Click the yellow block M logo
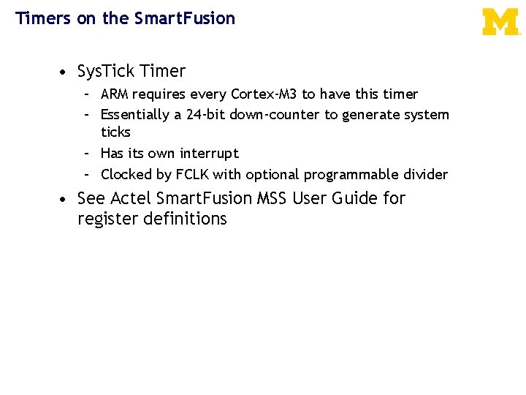(501, 21)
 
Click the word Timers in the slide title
(42, 18)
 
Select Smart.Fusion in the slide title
(185, 18)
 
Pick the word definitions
(188, 219)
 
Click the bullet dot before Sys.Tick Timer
(65, 72)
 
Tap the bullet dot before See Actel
(65, 199)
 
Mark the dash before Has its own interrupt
(86, 154)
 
